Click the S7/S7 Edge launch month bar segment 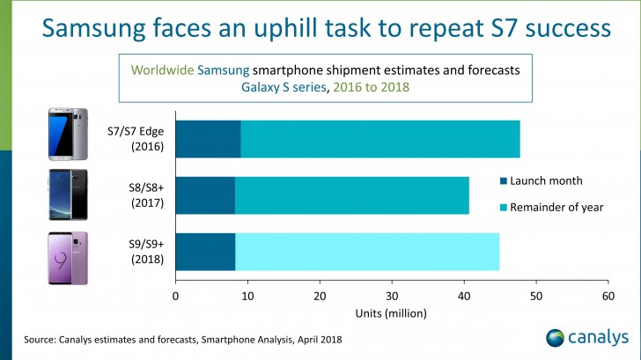208,138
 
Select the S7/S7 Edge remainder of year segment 379,138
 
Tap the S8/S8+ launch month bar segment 205,195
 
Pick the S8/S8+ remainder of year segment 351,195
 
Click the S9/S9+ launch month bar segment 205,252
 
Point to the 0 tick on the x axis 176,297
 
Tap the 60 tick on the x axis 608,297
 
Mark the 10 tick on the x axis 247,297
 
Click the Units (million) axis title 391,313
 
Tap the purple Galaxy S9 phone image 67,257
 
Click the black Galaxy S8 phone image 67,195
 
